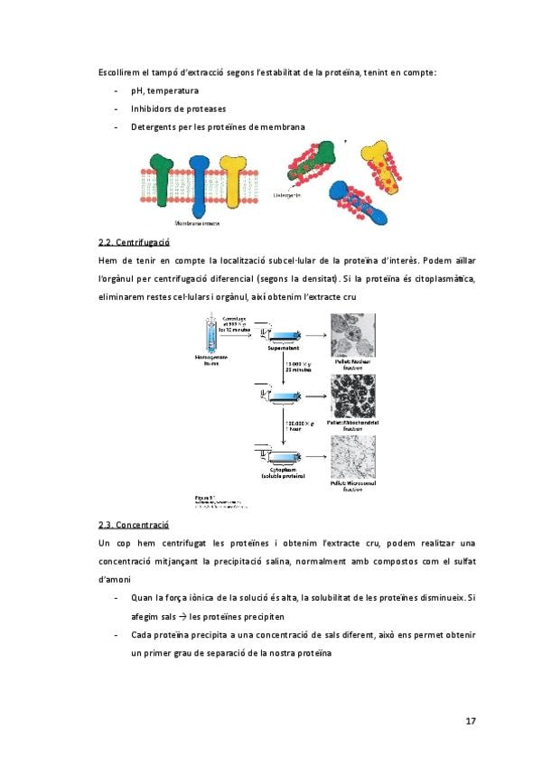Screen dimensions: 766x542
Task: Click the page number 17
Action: (471, 720)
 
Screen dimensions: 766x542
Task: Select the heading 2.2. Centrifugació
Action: (134, 242)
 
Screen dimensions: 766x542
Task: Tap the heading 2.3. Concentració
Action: (133, 524)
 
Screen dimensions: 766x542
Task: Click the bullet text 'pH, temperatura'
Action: (164, 90)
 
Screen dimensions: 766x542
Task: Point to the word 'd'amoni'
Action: (115, 579)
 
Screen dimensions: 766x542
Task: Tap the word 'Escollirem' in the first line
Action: (124, 71)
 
